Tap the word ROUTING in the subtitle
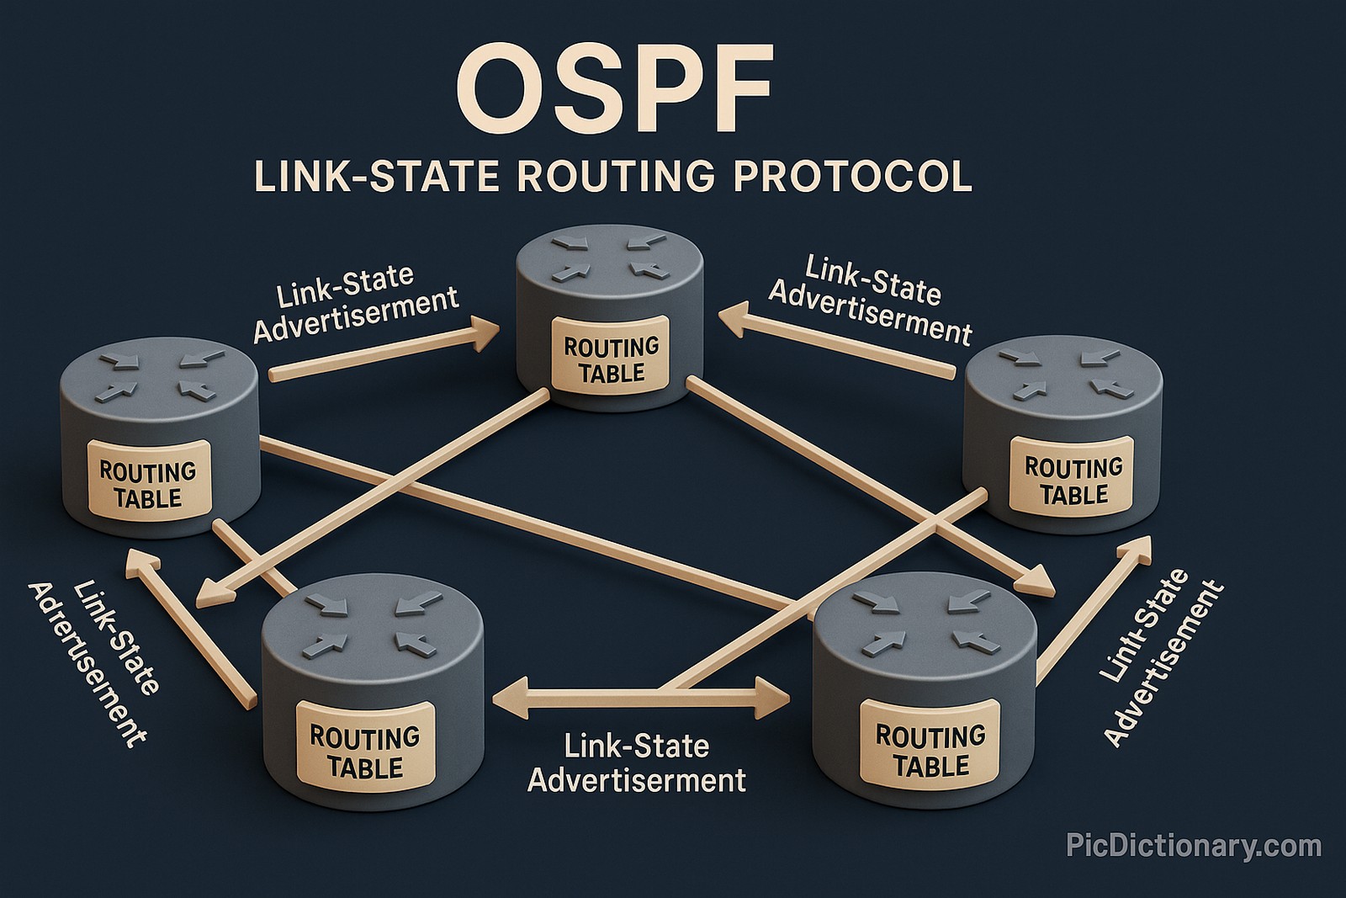(615, 177)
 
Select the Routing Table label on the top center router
(611, 359)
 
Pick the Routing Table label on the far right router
(1073, 481)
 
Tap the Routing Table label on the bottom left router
(364, 752)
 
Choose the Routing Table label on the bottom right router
(930, 750)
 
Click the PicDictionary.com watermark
(1193, 845)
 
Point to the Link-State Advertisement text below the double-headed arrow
(637, 763)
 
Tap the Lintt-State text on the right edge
(1144, 627)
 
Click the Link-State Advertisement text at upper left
(355, 303)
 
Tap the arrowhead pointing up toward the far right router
(1137, 550)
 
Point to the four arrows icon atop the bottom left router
(372, 623)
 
